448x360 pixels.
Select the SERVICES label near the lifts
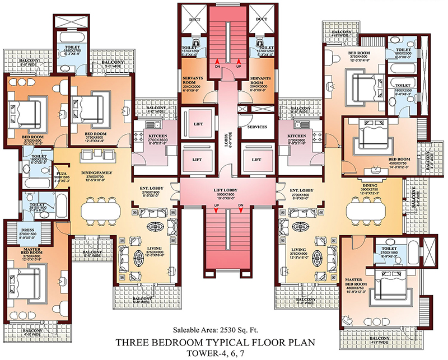[x=253, y=127]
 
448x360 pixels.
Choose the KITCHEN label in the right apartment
[x=297, y=136]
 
